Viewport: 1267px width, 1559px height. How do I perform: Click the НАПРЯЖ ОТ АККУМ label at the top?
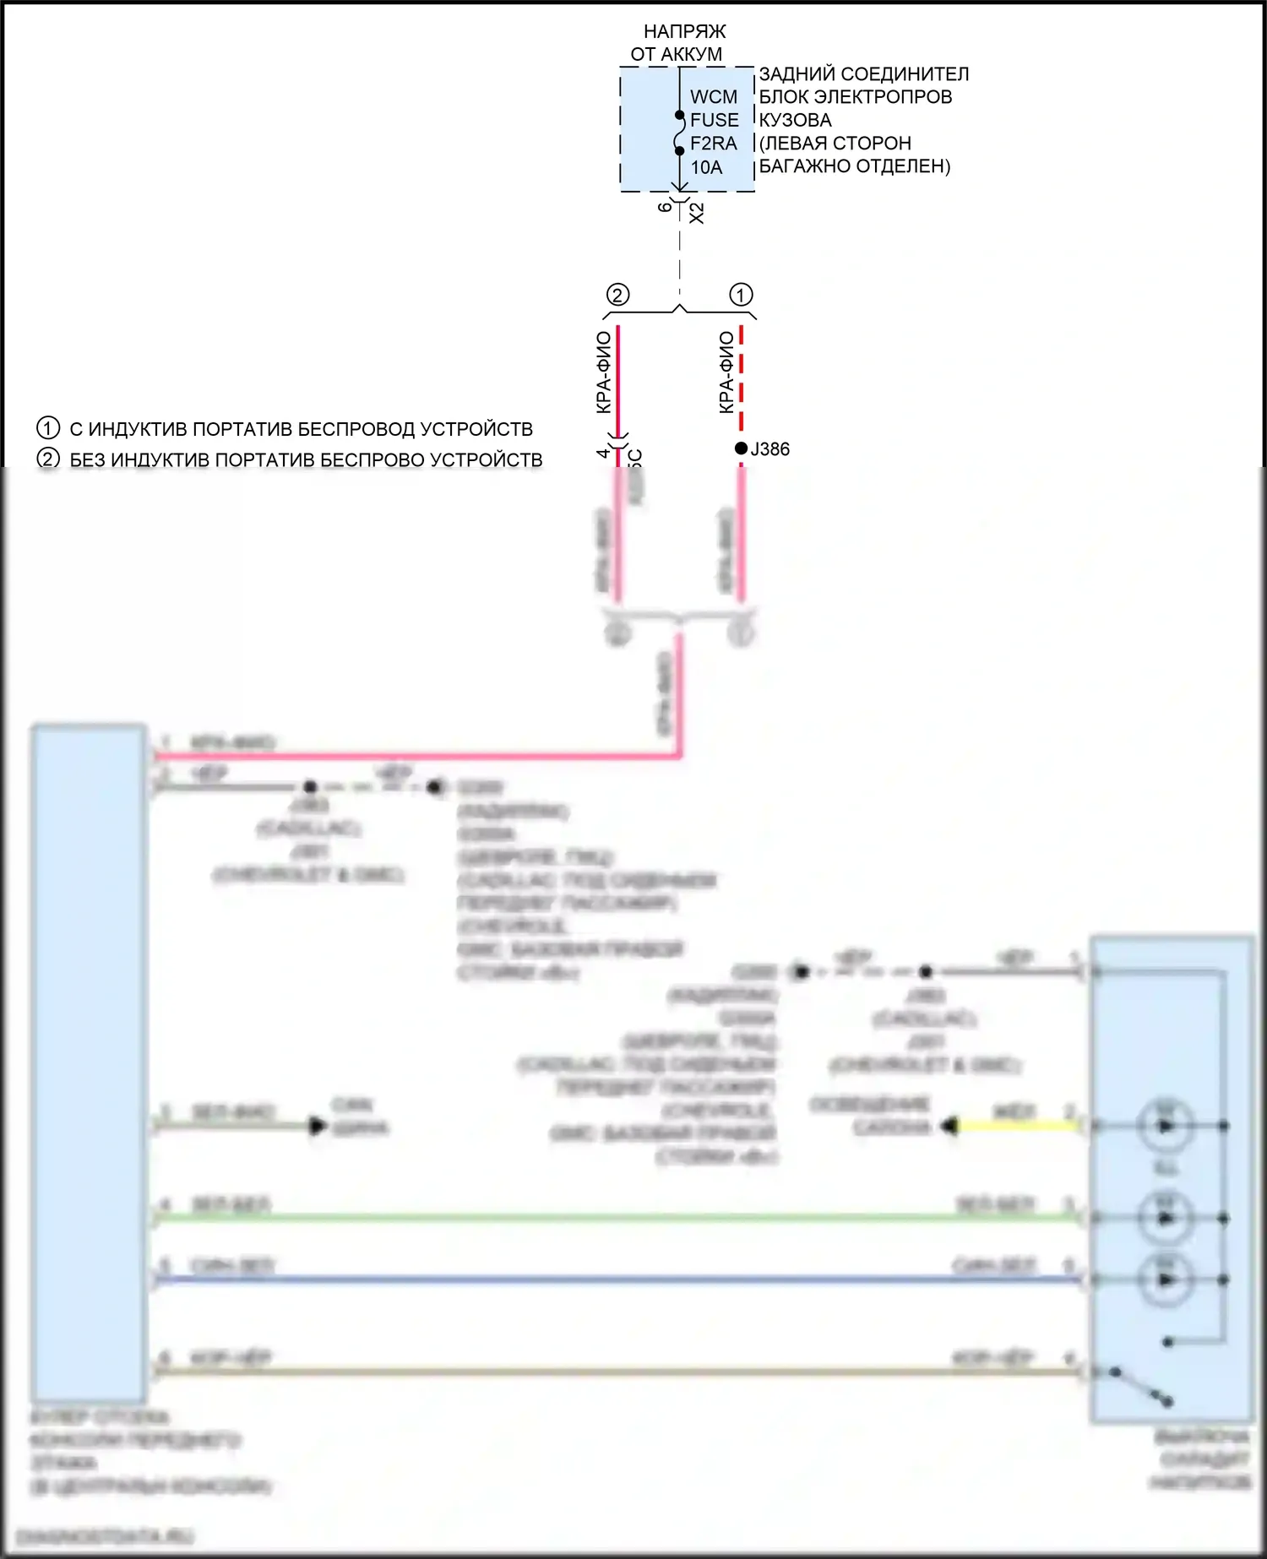point(681,42)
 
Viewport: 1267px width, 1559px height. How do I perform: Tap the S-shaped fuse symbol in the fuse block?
point(679,133)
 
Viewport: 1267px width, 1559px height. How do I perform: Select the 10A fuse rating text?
point(706,167)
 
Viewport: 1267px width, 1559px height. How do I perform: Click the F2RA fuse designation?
point(713,144)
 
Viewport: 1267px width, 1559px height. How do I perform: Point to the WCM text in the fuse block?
point(713,97)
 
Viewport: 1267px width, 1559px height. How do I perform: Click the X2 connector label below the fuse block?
point(697,213)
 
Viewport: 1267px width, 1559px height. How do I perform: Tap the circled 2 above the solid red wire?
point(618,295)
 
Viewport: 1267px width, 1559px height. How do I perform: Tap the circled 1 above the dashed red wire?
point(741,295)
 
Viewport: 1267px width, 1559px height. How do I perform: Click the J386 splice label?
point(769,449)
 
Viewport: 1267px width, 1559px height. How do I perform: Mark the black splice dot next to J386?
point(741,448)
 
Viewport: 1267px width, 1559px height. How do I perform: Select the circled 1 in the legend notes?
point(48,428)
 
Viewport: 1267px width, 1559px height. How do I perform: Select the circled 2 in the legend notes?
point(48,459)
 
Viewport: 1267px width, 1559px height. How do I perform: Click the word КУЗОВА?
point(795,120)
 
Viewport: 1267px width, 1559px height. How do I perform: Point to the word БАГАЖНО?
point(800,166)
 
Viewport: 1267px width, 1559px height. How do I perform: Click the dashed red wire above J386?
point(741,380)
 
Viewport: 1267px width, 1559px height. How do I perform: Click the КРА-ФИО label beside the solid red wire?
point(603,372)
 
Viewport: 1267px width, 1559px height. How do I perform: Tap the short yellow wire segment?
point(1014,1126)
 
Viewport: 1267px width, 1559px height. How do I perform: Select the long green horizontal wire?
point(617,1218)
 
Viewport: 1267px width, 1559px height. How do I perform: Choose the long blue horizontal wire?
point(617,1280)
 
